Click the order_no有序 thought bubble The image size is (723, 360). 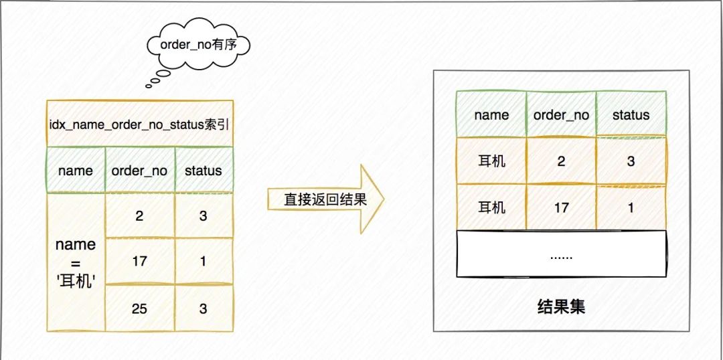[197, 45]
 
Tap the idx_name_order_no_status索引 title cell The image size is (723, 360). [140, 124]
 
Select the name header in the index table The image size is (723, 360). [76, 170]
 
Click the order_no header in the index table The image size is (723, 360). [140, 170]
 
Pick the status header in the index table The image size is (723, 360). [204, 170]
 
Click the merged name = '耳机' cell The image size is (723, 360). [76, 262]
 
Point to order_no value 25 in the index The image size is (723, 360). [140, 308]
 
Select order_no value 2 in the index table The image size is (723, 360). [140, 215]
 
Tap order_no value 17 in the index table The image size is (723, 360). [140, 262]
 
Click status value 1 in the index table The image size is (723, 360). [204, 262]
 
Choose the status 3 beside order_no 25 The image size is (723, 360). [204, 308]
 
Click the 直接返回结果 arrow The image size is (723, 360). [325, 199]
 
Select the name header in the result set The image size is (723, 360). [491, 115]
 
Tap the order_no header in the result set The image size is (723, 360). [561, 115]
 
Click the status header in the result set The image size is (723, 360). [631, 115]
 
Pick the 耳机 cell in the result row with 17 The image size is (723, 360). [491, 207]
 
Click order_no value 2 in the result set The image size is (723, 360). [561, 161]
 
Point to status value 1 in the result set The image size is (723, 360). [631, 207]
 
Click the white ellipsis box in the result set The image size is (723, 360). [562, 253]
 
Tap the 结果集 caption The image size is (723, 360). [561, 306]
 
